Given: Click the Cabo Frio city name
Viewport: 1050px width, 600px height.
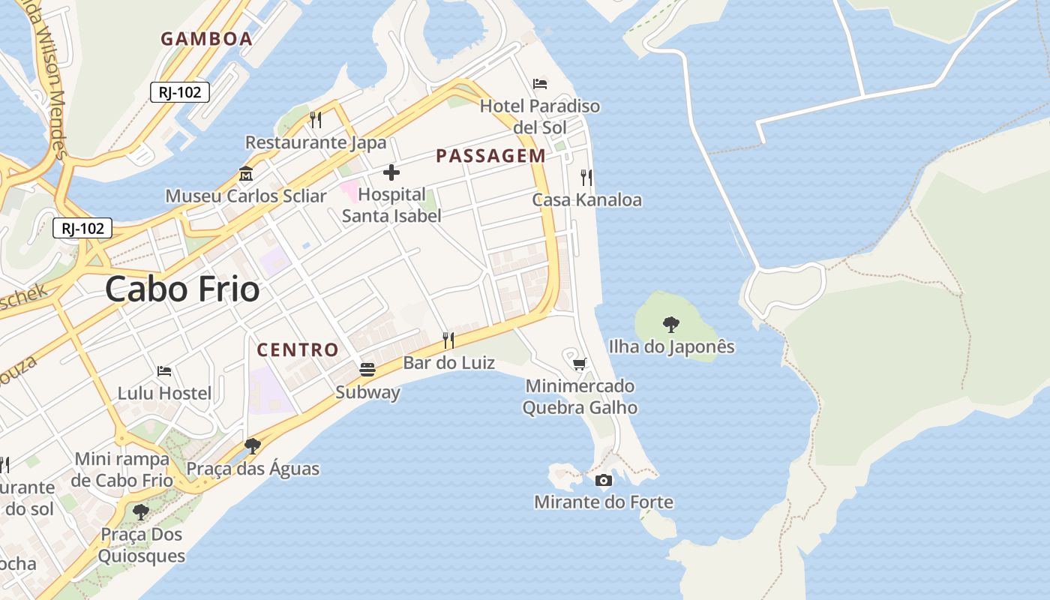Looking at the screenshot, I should click(182, 289).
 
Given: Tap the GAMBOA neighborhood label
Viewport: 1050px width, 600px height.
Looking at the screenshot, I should click(206, 39).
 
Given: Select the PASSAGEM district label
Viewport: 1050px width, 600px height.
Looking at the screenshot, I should click(490, 156).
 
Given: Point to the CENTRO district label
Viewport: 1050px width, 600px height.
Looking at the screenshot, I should click(298, 349).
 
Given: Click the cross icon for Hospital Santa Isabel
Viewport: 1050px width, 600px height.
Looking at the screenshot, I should click(391, 173).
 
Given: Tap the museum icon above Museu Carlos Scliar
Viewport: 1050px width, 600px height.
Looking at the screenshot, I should click(245, 175).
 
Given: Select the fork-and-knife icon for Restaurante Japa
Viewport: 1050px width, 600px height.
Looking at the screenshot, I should click(316, 120).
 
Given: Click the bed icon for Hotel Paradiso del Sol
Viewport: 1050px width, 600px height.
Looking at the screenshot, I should click(540, 84).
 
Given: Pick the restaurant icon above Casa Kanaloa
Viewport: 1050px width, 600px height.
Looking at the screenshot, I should click(586, 178).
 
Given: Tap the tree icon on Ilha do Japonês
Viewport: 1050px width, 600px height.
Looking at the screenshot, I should click(671, 325).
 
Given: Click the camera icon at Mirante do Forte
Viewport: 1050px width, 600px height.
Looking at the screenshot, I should click(604, 480).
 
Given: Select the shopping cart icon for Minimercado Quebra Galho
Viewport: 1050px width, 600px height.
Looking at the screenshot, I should click(579, 364).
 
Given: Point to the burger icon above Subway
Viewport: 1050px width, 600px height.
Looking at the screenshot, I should click(367, 370).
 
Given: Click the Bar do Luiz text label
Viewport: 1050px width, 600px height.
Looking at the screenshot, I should click(448, 363).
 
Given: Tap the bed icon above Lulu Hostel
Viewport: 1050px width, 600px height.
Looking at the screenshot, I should click(164, 371).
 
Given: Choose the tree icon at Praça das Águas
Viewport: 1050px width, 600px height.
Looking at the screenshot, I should click(253, 446).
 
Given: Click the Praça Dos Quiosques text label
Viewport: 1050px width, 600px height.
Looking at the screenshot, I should click(141, 545).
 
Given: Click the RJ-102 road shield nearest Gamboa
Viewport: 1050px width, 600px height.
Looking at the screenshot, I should click(180, 92).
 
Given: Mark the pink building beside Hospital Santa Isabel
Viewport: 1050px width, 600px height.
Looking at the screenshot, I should click(349, 190).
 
